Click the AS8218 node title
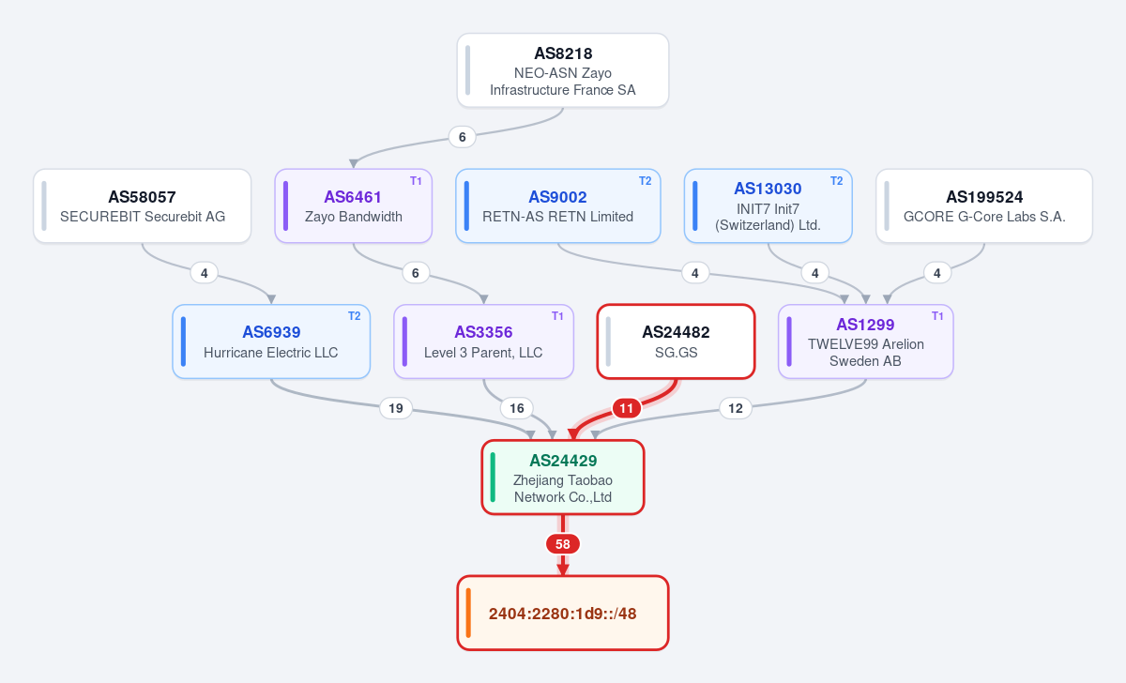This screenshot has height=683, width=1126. pyautogui.click(x=563, y=53)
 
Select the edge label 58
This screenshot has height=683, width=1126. pyautogui.click(x=562, y=544)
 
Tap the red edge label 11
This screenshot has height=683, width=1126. pyautogui.click(x=627, y=408)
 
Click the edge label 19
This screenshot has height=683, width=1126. pyautogui.click(x=396, y=408)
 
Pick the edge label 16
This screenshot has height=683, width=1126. pyautogui.click(x=517, y=408)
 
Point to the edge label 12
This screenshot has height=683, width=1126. pyautogui.click(x=736, y=408)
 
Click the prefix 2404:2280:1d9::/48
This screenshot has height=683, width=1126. pyautogui.click(x=562, y=614)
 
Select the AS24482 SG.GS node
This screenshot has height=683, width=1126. pyautogui.click(x=676, y=341)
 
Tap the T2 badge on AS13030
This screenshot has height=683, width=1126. pyautogui.click(x=836, y=181)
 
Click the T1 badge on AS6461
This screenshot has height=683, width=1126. pyautogui.click(x=416, y=181)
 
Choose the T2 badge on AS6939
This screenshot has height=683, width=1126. pyautogui.click(x=355, y=316)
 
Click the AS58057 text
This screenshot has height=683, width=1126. pyautogui.click(x=143, y=197)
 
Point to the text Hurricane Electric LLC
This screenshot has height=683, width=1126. pyautogui.click(x=270, y=353)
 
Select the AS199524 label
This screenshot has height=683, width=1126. pyautogui.click(x=984, y=197)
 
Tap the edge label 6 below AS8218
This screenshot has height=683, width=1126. pyautogui.click(x=462, y=137)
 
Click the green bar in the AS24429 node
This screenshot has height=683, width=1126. pyautogui.click(x=493, y=477)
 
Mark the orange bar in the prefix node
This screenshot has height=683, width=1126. pyautogui.click(x=468, y=613)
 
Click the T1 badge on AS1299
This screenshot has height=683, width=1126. pyautogui.click(x=937, y=316)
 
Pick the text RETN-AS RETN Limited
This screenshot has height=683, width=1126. pyautogui.click(x=557, y=217)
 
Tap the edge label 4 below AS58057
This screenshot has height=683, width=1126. pyautogui.click(x=205, y=273)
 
